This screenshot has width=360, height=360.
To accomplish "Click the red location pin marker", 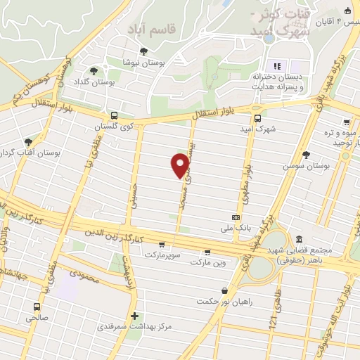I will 181,165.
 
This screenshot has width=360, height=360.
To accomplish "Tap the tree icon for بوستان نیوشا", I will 144,51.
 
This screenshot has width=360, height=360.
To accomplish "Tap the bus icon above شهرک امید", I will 257,118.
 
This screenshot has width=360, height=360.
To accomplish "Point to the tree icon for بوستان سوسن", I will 305,155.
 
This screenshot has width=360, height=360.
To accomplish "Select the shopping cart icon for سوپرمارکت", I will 162,245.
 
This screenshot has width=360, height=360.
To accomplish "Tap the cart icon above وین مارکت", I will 207,252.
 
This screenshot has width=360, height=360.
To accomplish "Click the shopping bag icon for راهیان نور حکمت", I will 224,290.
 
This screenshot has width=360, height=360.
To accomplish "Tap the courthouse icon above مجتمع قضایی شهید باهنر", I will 300,239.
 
